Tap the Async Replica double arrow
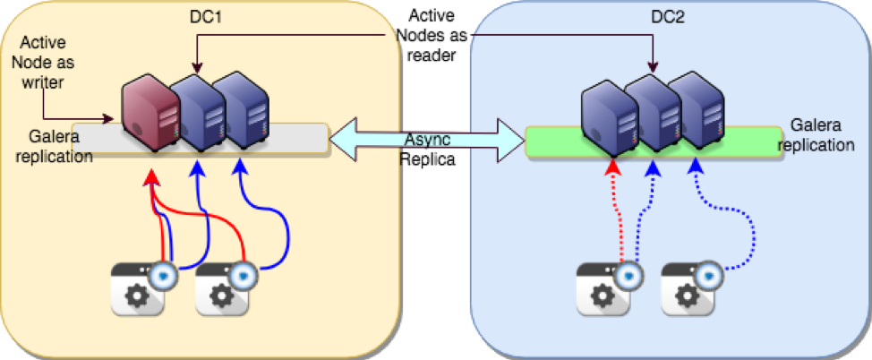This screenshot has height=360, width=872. click(426, 140)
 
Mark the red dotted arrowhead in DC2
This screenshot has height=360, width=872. click(613, 168)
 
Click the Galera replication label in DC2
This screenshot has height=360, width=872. click(824, 134)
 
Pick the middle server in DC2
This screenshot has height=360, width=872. click(654, 114)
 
